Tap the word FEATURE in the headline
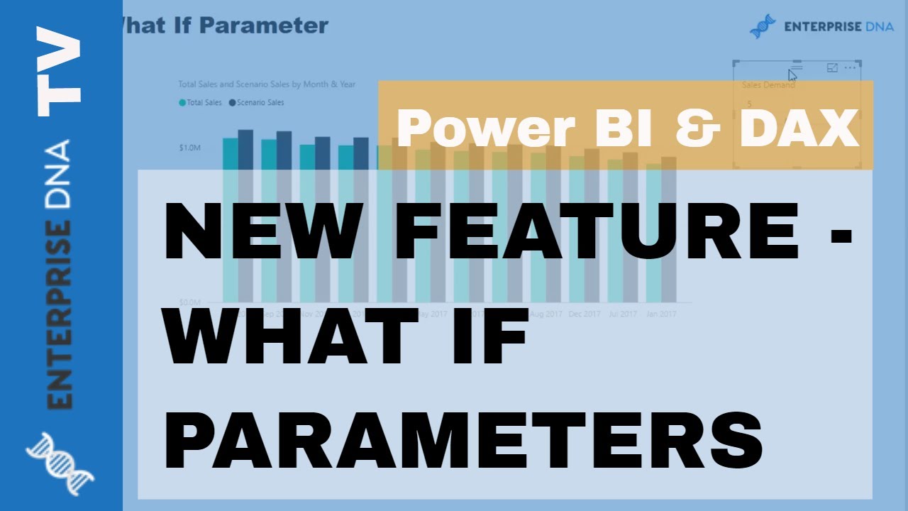[597, 231]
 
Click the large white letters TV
[60, 70]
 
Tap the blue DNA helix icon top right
[763, 26]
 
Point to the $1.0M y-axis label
[189, 148]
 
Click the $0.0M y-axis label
[189, 302]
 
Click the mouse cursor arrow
[792, 75]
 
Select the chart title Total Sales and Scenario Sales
[267, 84]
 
